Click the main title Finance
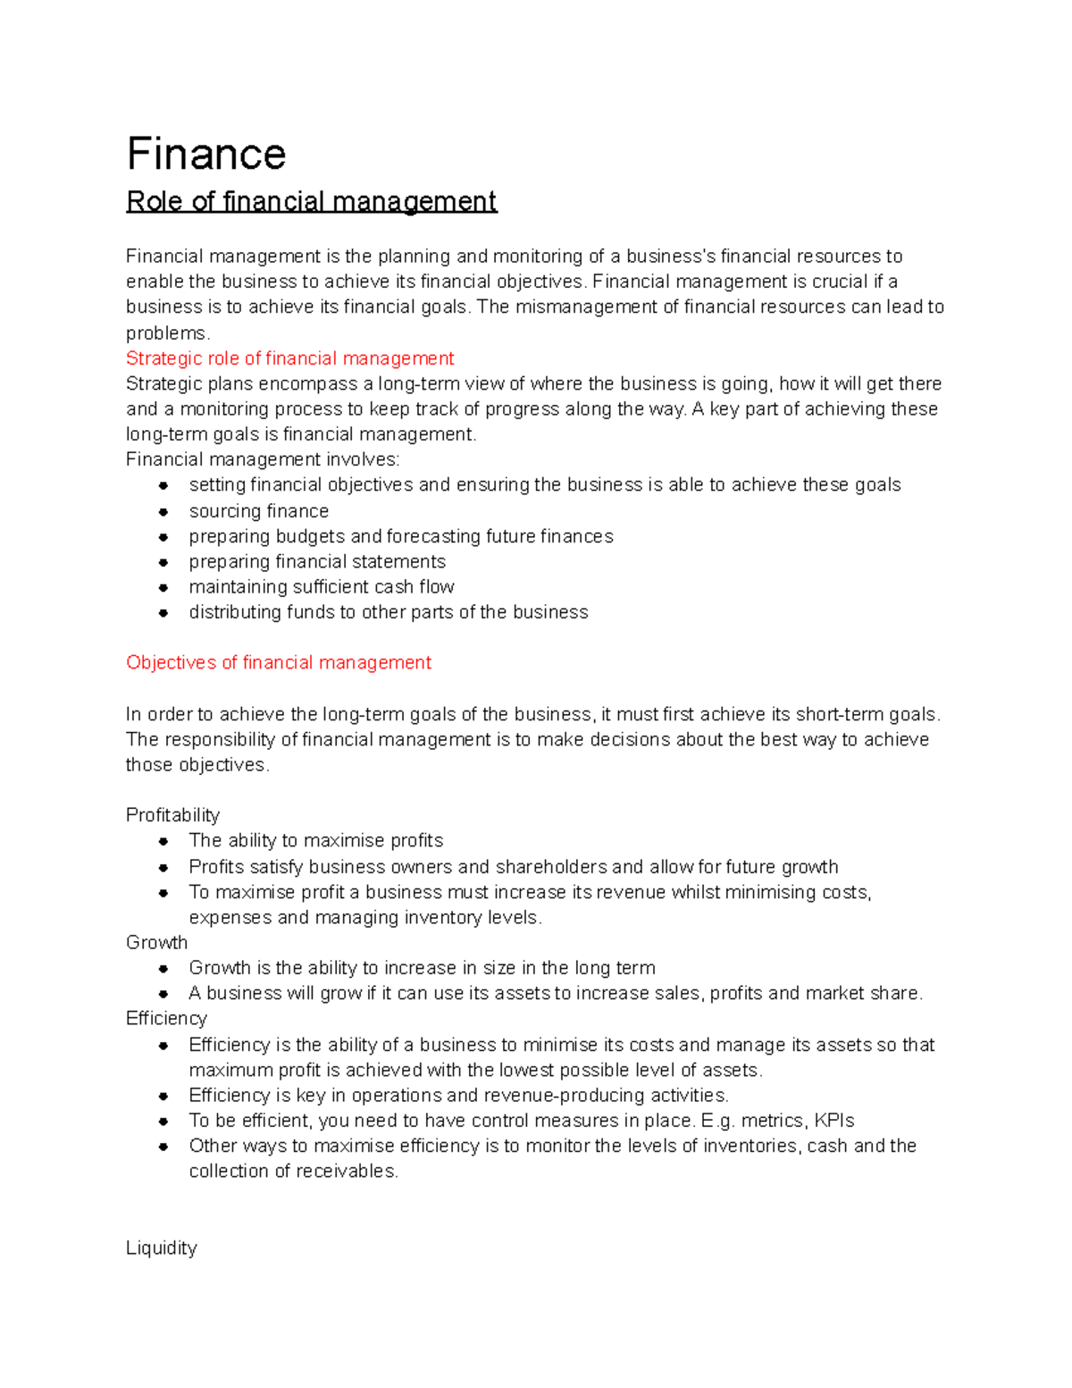(x=206, y=154)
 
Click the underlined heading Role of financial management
(x=311, y=201)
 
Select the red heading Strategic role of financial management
(x=289, y=358)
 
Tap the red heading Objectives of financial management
(x=278, y=662)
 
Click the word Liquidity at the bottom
(x=161, y=1248)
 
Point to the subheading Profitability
(x=172, y=815)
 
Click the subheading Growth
(x=156, y=942)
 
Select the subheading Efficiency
(x=166, y=1018)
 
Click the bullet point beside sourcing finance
(x=163, y=512)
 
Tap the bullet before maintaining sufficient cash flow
(x=163, y=588)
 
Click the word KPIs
(x=834, y=1121)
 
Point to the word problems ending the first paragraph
(x=166, y=333)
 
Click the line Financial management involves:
(x=263, y=459)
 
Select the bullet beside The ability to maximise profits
(x=163, y=841)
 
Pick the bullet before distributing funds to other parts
(x=163, y=613)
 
